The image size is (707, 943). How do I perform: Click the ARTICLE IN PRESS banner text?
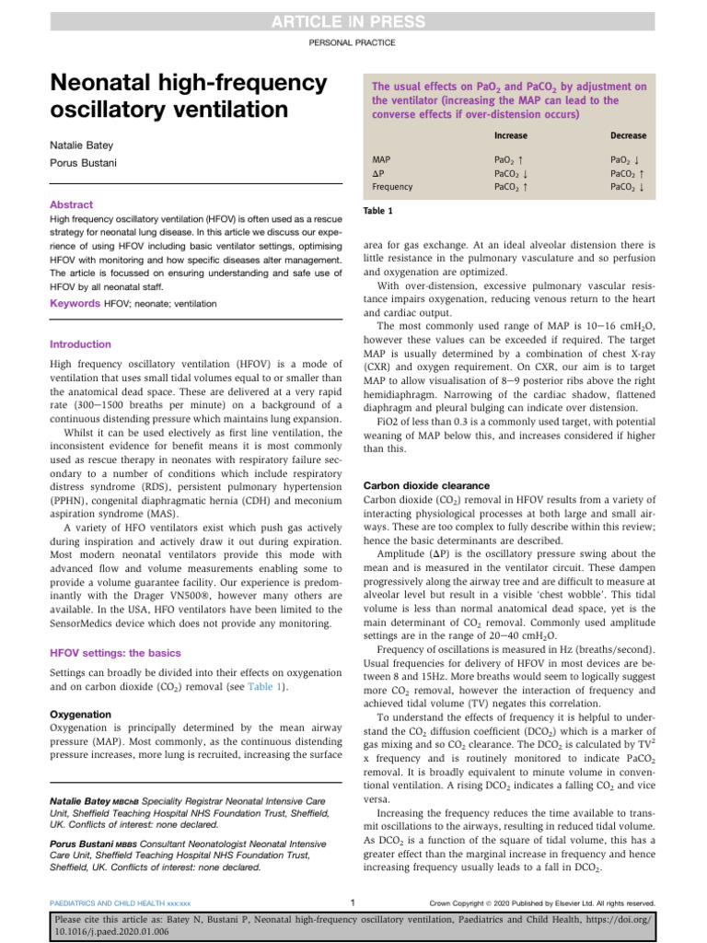353,22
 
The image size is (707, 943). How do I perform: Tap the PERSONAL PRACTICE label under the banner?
353,43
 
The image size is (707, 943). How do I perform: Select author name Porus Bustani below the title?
83,167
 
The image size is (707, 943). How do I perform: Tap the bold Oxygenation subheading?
79,714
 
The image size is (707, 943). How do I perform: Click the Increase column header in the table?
510,135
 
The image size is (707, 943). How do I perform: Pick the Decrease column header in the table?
628,135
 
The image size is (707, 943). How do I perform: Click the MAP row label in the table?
381,159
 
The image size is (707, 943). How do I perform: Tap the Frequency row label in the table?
392,186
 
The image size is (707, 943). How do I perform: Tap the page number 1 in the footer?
353,902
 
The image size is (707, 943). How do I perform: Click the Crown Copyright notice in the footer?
543,903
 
